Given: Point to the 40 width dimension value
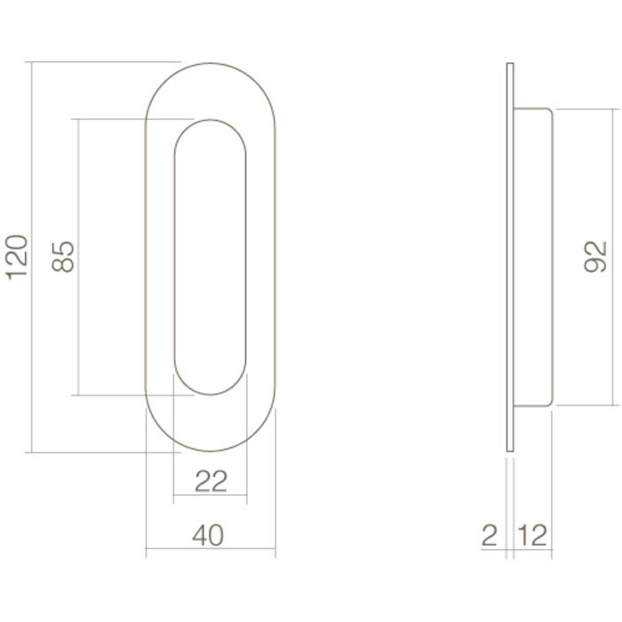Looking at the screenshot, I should [209, 535].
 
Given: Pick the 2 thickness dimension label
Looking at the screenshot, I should [489, 535].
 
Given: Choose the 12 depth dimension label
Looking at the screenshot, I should [530, 535].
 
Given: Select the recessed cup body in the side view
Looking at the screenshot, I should [533, 257].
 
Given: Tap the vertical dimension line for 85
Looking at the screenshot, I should [80, 338].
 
